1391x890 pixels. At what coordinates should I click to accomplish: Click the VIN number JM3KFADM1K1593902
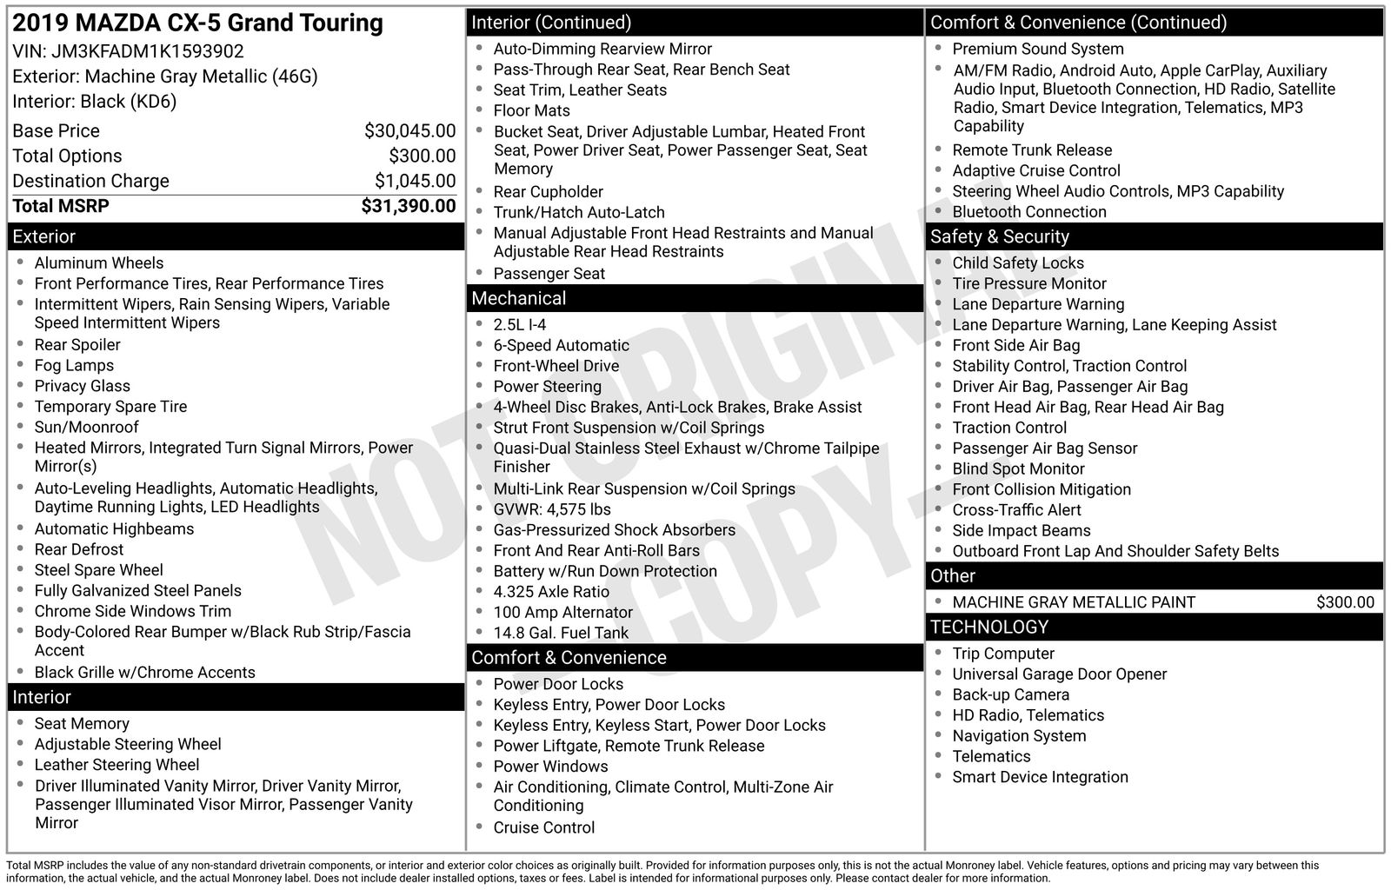coord(147,51)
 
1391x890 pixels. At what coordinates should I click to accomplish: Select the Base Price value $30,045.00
coord(409,131)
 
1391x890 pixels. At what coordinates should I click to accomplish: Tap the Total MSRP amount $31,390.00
coord(408,206)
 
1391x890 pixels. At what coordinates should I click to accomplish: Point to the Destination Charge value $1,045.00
coord(415,181)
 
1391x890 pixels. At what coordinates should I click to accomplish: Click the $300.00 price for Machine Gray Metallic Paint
coord(1345,602)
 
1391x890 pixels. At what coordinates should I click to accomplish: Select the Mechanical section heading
coord(519,298)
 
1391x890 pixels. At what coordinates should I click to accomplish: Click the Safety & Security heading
coord(1000,236)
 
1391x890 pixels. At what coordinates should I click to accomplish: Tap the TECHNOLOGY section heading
coord(989,627)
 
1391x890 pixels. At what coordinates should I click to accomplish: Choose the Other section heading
coord(953,575)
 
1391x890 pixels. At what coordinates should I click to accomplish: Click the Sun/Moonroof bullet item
coord(86,427)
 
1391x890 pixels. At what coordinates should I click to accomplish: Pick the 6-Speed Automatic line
coord(561,345)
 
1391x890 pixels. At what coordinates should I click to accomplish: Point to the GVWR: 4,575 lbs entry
coord(552,509)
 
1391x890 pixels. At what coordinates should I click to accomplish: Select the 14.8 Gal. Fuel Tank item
coord(561,633)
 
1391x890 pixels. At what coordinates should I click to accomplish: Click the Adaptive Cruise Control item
coord(1036,170)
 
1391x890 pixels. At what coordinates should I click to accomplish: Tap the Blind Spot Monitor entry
coord(1018,468)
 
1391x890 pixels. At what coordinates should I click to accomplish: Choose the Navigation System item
coord(1019,735)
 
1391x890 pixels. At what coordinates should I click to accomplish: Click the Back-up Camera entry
coord(1010,694)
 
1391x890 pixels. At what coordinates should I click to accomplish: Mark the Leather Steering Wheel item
coord(116,765)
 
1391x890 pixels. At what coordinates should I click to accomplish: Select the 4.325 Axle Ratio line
coord(551,591)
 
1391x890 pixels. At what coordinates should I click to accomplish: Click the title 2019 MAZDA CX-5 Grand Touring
coord(197,23)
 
